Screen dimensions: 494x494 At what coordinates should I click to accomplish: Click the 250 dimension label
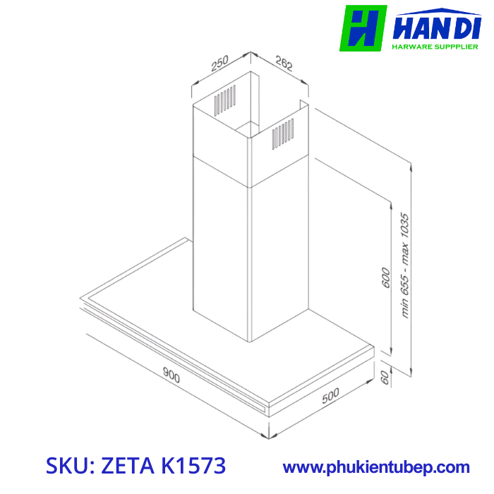(x=219, y=65)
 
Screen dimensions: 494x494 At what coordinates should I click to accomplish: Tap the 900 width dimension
(x=171, y=375)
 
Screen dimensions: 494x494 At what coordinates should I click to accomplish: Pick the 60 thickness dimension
(x=385, y=377)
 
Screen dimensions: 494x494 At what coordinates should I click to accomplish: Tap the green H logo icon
(x=363, y=28)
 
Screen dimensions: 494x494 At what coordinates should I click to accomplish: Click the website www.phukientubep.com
(x=376, y=467)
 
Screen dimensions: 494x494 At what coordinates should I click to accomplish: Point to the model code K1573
(x=193, y=466)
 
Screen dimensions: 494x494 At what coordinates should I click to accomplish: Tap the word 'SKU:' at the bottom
(x=71, y=466)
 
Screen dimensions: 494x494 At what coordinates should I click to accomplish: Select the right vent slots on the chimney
(x=282, y=133)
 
